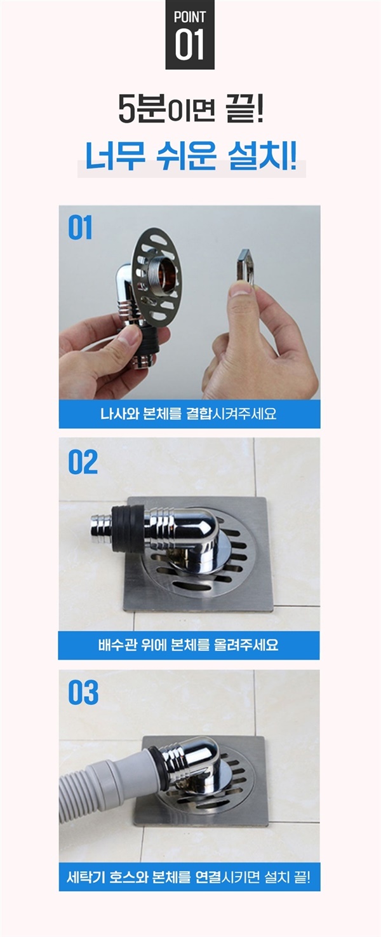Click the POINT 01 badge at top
click(190, 34)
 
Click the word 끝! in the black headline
click(245, 109)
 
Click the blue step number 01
click(80, 228)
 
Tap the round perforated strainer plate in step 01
click(157, 277)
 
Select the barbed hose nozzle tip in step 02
click(101, 529)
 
